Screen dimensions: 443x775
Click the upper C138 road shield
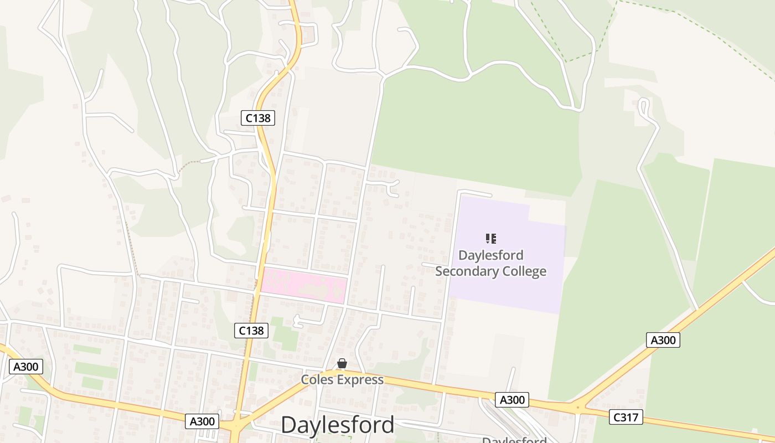point(258,117)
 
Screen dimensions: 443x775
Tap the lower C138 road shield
point(251,331)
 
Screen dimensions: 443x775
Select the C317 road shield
point(626,417)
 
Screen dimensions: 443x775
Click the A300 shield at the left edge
point(26,366)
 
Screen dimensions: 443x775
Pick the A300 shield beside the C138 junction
point(202,421)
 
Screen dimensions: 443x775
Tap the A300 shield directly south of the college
point(512,400)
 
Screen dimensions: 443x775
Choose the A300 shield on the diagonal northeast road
point(663,340)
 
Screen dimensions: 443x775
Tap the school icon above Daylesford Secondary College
point(490,239)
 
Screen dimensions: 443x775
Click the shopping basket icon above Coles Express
point(342,363)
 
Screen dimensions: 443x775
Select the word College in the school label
point(523,271)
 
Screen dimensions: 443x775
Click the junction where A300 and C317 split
point(578,408)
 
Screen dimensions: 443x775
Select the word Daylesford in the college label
point(490,256)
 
